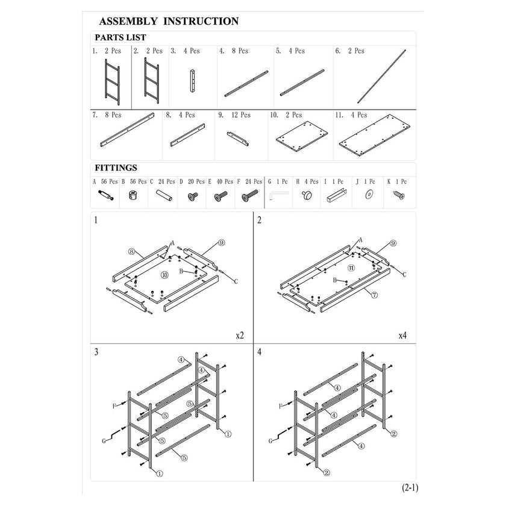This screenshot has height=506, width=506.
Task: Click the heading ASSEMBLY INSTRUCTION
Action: tap(169, 21)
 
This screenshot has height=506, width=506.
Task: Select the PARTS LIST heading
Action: tap(120, 37)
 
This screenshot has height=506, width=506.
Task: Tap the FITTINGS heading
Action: tap(116, 168)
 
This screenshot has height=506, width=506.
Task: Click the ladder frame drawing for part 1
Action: tap(112, 82)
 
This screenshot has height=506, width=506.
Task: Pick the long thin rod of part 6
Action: tap(381, 76)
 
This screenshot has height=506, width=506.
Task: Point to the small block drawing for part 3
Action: tap(192, 81)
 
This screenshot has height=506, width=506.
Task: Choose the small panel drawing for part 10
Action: tap(302, 136)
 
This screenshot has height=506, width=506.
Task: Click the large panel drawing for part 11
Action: tap(374, 135)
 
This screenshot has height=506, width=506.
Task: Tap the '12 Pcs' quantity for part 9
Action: tap(241, 115)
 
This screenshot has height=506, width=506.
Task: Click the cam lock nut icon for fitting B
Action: tap(133, 195)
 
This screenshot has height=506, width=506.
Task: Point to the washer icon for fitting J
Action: tap(369, 195)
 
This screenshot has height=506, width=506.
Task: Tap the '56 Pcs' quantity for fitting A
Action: tap(110, 182)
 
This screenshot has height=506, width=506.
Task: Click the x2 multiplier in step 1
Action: tap(240, 336)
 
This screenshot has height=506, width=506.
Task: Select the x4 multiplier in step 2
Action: tap(402, 336)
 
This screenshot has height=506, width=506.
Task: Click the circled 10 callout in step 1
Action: tap(164, 275)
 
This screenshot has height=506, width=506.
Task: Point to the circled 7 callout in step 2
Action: tap(374, 295)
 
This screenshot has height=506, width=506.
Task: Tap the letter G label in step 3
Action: tap(104, 441)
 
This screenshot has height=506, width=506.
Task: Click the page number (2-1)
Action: tap(410, 487)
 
